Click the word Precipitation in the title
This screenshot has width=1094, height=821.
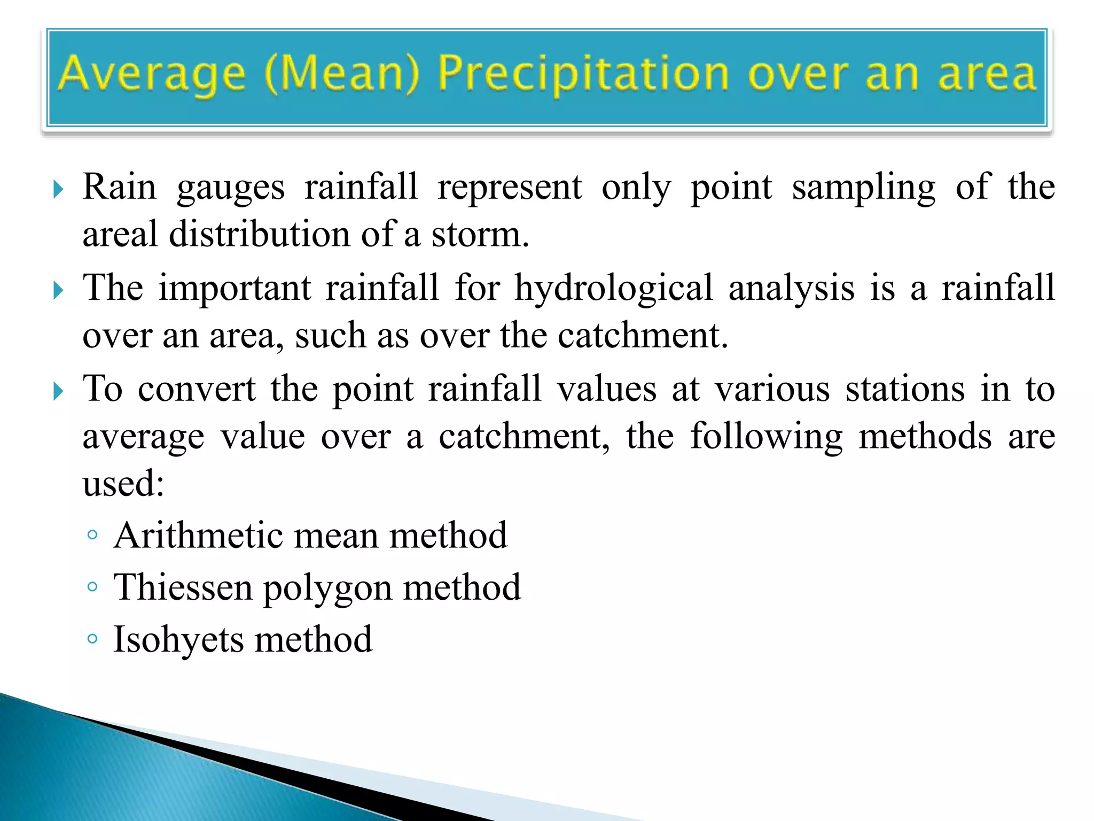(x=583, y=75)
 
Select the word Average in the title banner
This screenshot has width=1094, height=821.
(x=152, y=75)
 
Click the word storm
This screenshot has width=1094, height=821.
(x=480, y=235)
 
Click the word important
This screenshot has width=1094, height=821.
(x=235, y=289)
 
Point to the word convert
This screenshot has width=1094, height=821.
(x=196, y=389)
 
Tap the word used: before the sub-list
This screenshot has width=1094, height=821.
(x=123, y=484)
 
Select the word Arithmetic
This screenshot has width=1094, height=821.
(x=198, y=535)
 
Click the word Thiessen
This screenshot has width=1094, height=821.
(x=183, y=587)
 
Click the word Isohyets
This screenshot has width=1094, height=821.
(x=179, y=640)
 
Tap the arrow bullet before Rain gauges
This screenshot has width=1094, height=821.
(x=58, y=189)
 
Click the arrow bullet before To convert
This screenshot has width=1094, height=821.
(x=58, y=392)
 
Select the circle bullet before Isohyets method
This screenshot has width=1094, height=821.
(x=92, y=639)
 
